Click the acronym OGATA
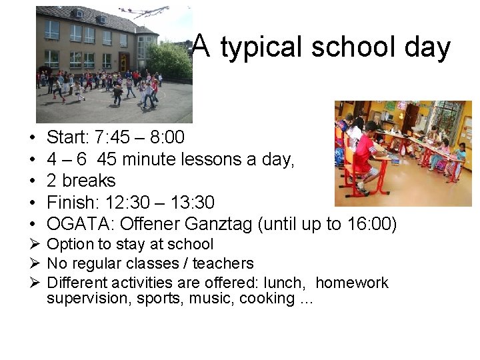[x=73, y=224]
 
